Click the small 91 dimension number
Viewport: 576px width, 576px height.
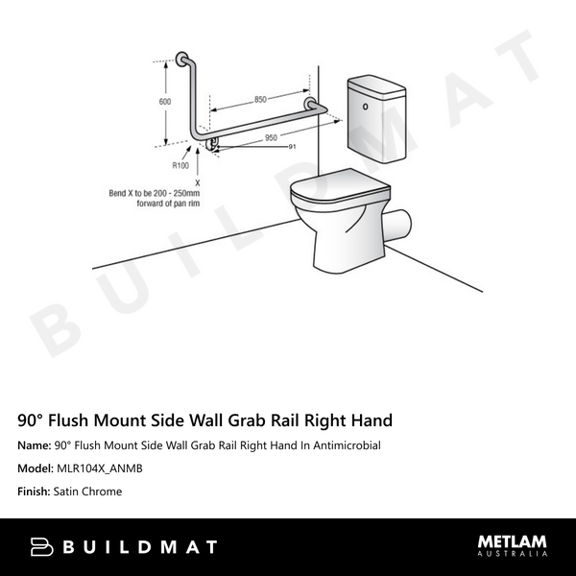click(291, 146)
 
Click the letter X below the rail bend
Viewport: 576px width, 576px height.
click(197, 180)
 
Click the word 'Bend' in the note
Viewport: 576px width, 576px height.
click(120, 192)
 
